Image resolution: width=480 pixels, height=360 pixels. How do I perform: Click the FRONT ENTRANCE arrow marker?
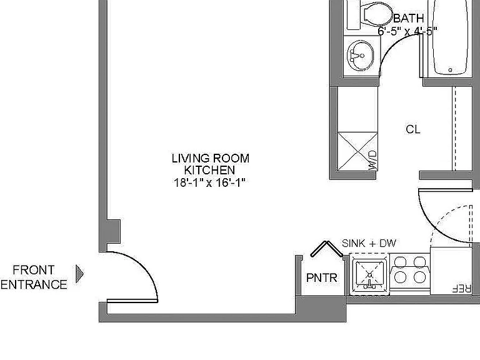coord(79,274)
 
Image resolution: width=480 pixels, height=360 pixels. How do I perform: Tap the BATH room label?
coord(408,18)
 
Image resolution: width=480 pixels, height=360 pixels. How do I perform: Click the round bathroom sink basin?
coord(361,56)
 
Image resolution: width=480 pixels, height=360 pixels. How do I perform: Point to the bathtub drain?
coord(450,70)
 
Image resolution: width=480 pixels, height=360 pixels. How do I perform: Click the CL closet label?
coord(413,129)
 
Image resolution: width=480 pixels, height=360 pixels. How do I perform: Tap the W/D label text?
coord(372,160)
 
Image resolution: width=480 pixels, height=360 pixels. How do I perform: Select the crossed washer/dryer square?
coord(357,151)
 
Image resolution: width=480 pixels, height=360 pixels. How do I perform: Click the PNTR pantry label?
coord(321,278)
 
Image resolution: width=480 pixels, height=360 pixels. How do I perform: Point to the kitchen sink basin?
coord(369,274)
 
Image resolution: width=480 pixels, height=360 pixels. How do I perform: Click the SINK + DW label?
coord(369,243)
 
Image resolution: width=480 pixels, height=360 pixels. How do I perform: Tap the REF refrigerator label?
coord(461,288)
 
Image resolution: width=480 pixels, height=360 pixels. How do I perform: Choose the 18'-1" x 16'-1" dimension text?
coord(210,182)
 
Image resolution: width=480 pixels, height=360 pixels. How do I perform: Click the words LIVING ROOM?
coord(211,158)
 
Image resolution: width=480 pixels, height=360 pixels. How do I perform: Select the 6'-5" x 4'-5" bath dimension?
coord(407,31)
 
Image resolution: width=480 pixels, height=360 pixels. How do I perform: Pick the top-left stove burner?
coord(400,262)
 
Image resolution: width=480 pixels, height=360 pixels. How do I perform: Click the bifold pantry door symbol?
coord(326,249)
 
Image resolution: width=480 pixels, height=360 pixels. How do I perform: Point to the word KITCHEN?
coord(210,170)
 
